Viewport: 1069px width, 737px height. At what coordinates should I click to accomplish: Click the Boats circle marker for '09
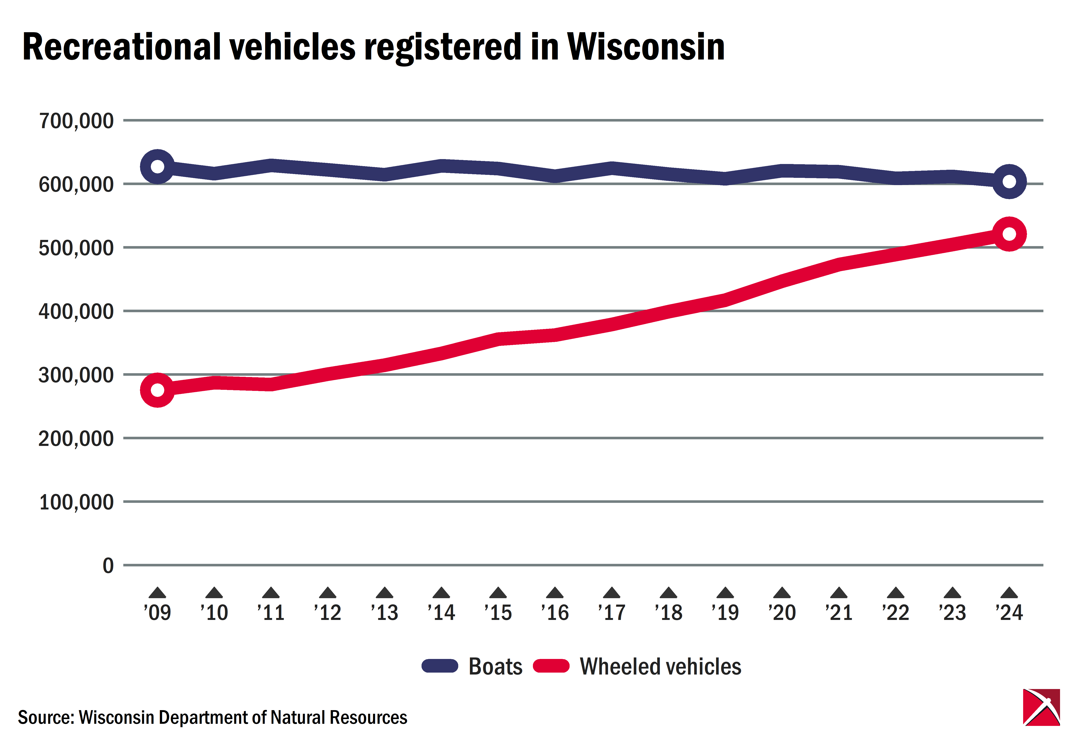tap(157, 167)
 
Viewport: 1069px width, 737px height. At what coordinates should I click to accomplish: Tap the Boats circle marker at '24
tap(1009, 181)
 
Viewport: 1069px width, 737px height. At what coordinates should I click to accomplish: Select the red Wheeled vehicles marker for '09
tap(157, 390)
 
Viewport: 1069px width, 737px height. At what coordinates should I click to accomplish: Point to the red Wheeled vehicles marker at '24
tap(1009, 234)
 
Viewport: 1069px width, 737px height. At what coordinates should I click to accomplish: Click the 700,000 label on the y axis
tap(76, 121)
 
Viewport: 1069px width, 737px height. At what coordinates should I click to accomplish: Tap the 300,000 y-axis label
tap(76, 375)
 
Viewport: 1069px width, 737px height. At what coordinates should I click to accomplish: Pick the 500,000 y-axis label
tap(76, 248)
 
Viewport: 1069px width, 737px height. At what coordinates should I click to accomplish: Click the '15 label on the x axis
tap(498, 612)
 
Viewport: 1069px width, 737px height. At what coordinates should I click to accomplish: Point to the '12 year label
tap(327, 612)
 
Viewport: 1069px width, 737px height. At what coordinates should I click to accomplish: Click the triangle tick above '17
tap(612, 593)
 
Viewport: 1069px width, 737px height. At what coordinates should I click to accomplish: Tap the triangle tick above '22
tap(896, 593)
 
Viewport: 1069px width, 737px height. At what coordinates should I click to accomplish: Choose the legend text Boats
tap(495, 666)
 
